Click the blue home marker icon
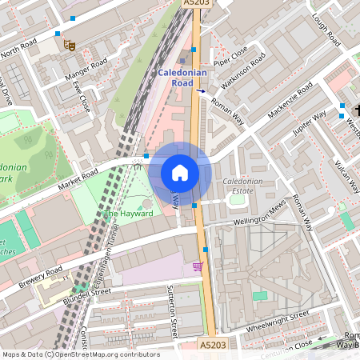click(x=180, y=173)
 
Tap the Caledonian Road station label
click(x=183, y=78)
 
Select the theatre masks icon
click(x=70, y=46)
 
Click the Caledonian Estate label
click(x=242, y=186)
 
